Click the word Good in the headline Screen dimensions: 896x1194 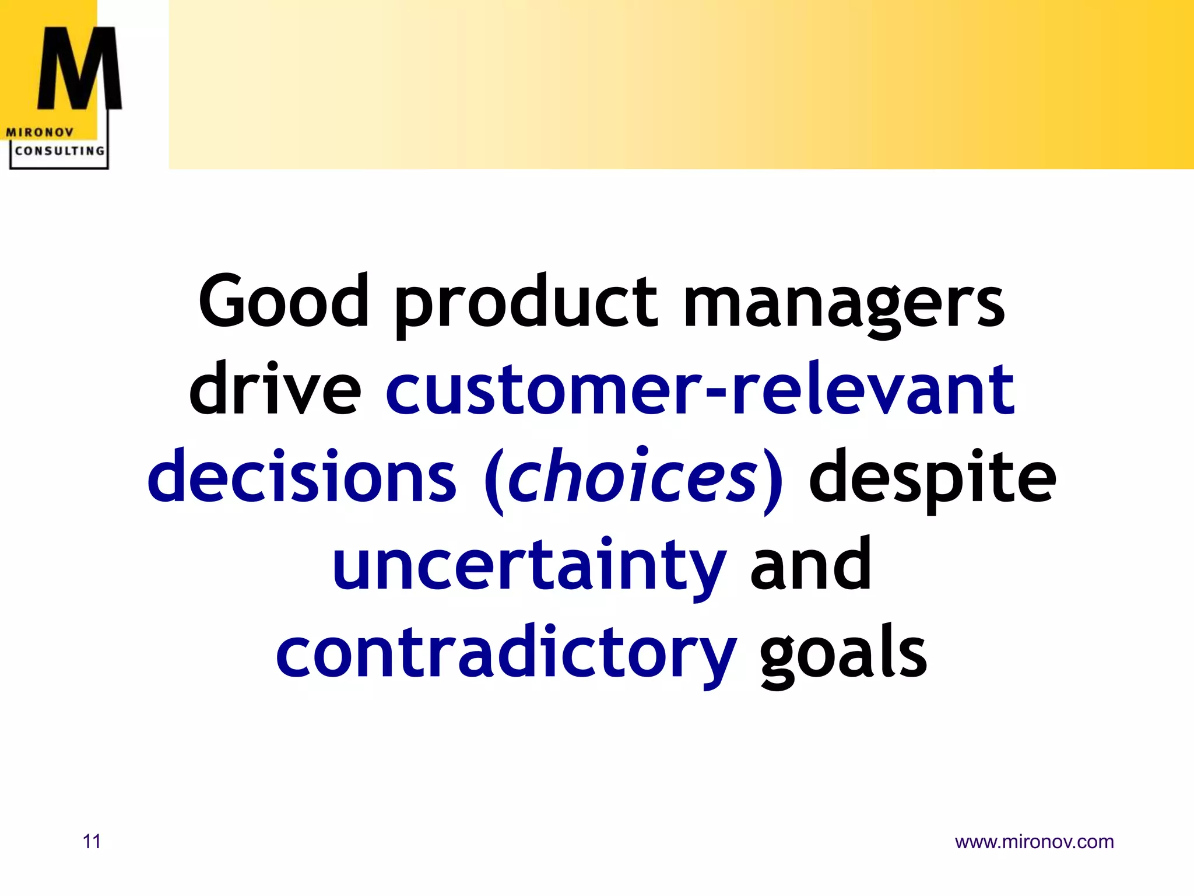coord(284,301)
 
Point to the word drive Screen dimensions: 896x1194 coord(275,388)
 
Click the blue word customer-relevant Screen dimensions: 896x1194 coord(700,390)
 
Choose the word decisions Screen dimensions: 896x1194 coord(302,476)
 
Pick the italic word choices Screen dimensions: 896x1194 coord(633,476)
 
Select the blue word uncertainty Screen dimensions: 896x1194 coord(529,565)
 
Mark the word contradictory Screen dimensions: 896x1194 coord(506,652)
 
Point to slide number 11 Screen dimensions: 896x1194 coord(92,842)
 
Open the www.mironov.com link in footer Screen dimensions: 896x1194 coord(1034,842)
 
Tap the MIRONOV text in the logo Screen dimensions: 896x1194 coord(40,132)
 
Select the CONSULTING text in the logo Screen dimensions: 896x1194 coord(59,150)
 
